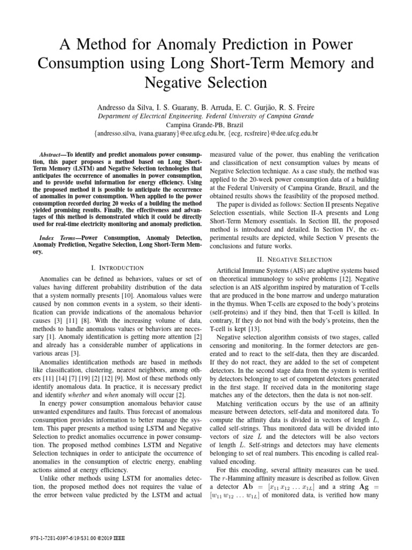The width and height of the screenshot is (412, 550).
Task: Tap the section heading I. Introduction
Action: click(x=117, y=267)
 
